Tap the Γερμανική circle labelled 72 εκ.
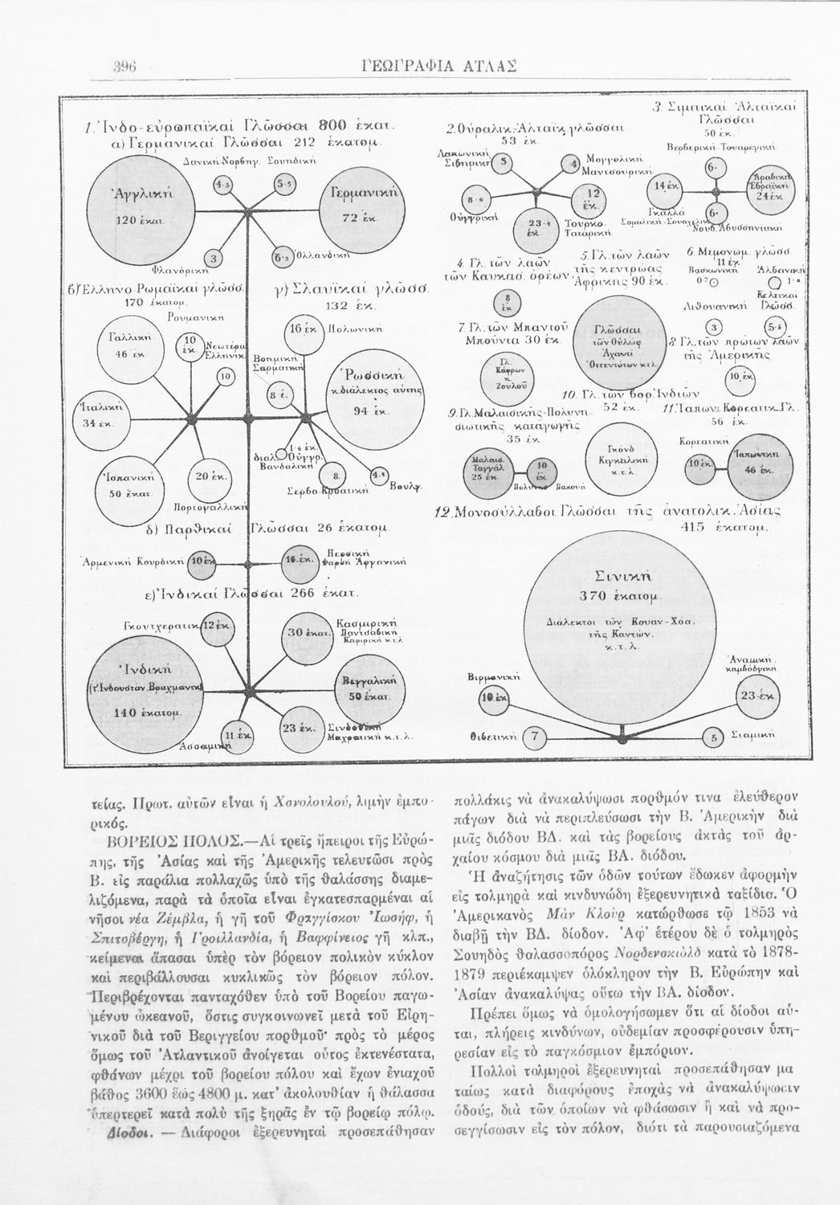coord(354,206)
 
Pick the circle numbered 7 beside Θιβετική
coord(537,736)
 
